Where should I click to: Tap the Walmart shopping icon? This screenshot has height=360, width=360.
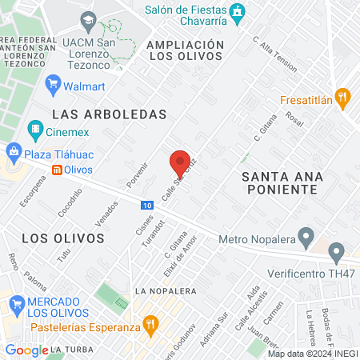54,82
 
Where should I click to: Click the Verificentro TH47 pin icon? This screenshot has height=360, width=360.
337,253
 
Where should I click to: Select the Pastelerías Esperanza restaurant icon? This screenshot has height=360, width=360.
150,325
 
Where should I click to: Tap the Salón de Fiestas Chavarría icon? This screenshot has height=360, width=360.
237,12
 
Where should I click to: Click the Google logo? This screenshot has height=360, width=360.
26,350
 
